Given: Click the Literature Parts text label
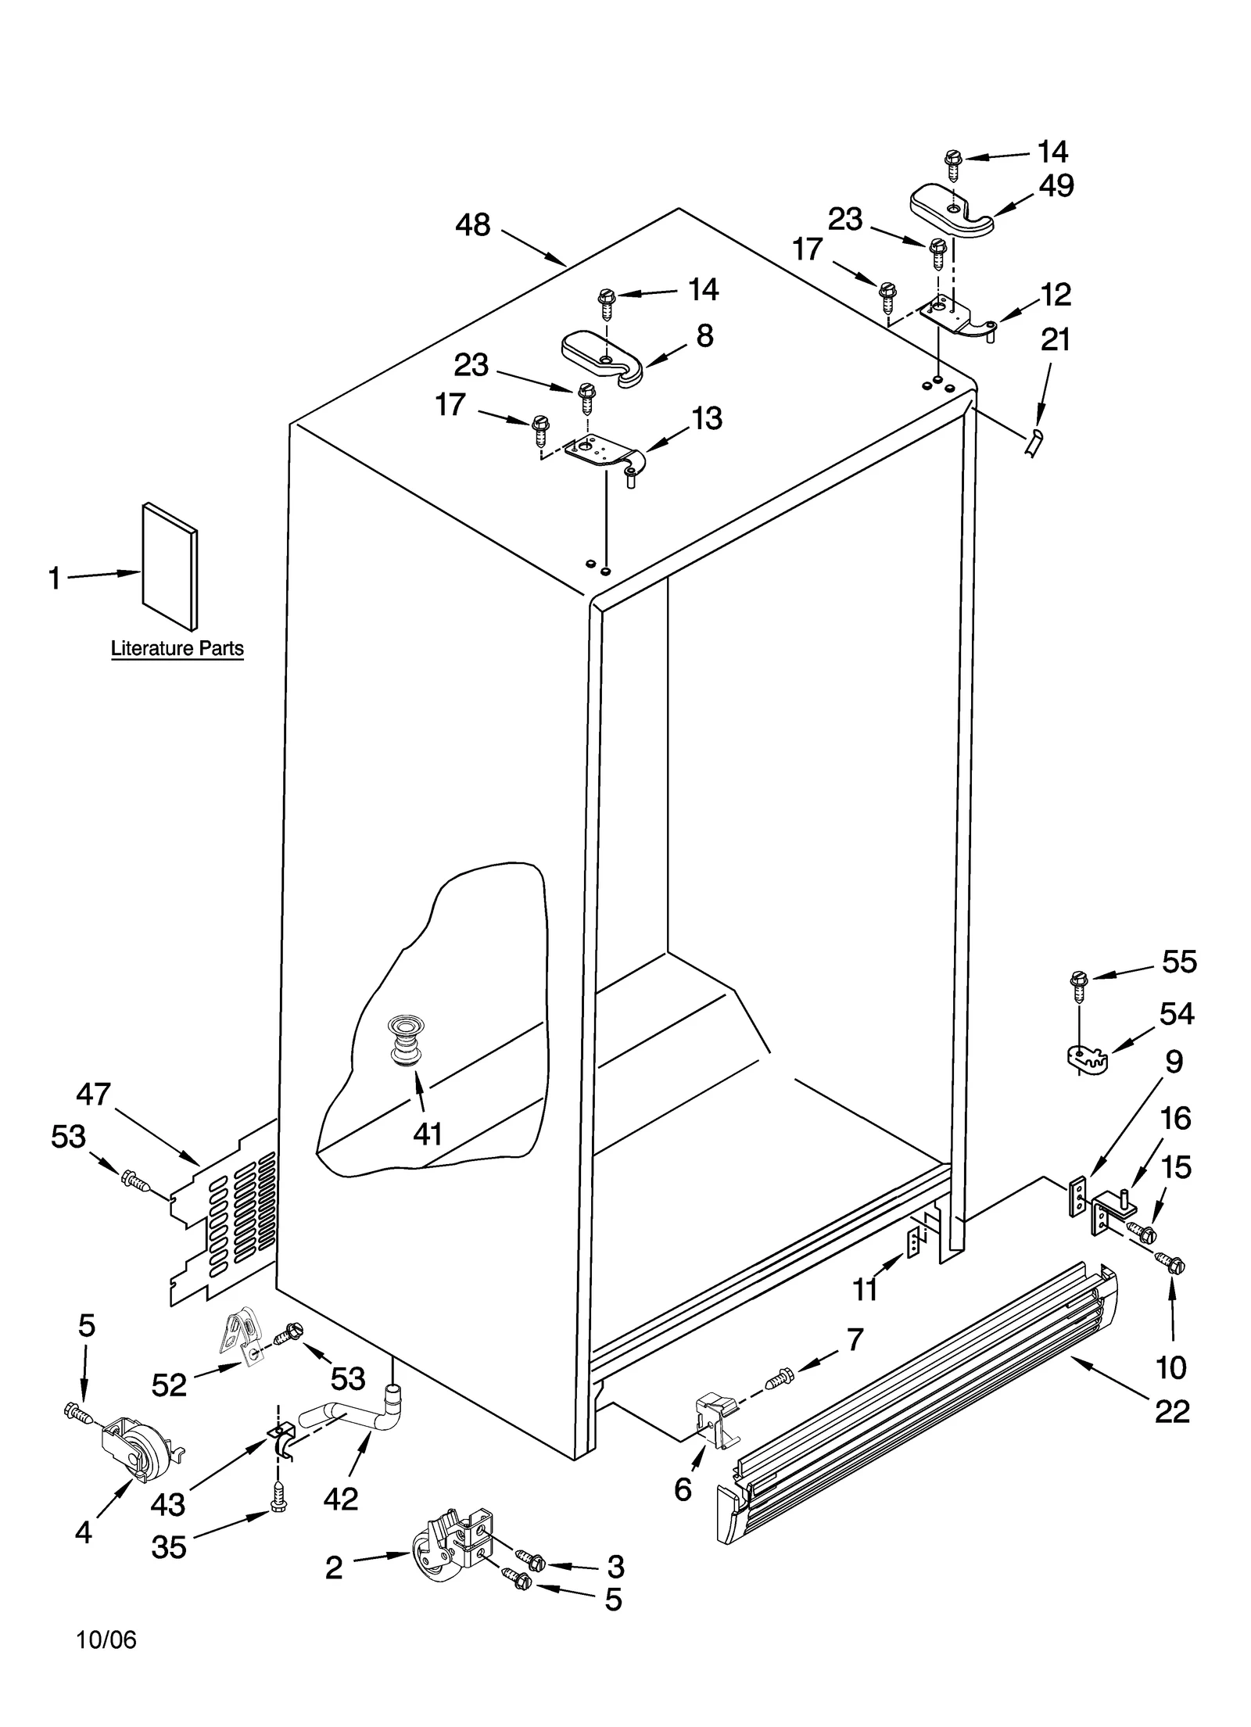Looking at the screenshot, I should pyautogui.click(x=177, y=648).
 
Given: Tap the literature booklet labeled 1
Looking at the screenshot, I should pyautogui.click(x=170, y=566).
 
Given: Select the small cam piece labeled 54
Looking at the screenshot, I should pyautogui.click(x=1088, y=1060).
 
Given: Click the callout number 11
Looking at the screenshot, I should pyautogui.click(x=865, y=1290).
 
